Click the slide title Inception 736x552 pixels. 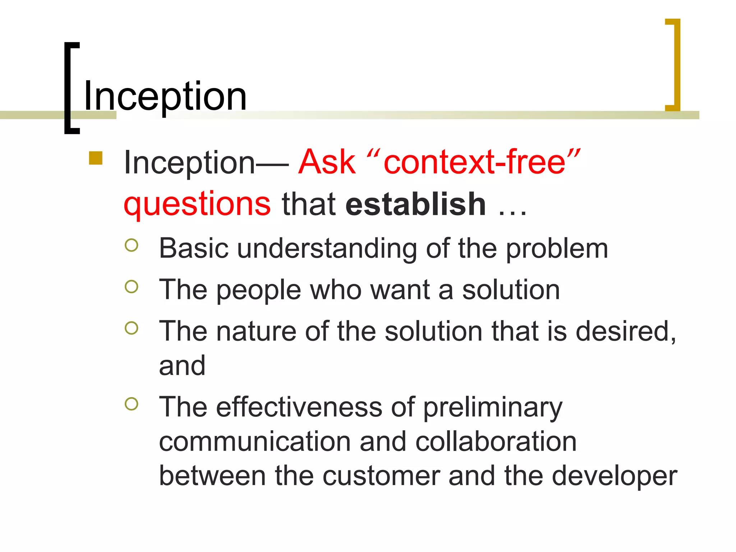tap(165, 96)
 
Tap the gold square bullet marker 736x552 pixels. tap(96, 158)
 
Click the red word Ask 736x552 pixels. tap(327, 162)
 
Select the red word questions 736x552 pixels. tap(197, 204)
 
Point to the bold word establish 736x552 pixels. tap(416, 204)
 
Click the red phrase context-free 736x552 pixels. tap(475, 162)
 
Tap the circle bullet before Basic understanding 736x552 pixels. tap(132, 245)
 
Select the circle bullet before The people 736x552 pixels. tap(132, 286)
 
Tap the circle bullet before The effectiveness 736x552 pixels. tap(132, 404)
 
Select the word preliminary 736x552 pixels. tap(493, 408)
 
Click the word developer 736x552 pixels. tap(614, 477)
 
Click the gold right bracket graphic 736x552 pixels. tap(674, 65)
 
